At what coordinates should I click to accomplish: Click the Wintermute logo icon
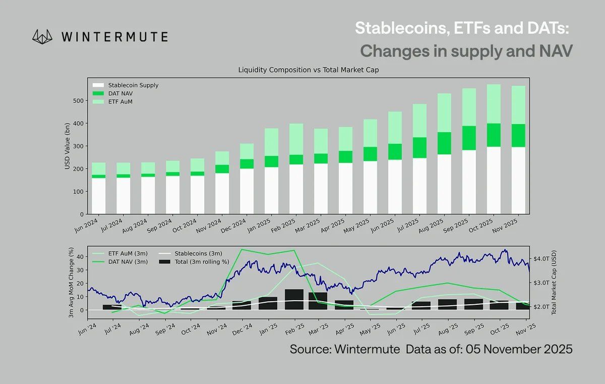click(x=42, y=36)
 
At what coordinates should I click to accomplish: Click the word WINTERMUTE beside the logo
click(x=114, y=37)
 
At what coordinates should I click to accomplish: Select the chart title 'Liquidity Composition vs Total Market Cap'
click(x=308, y=71)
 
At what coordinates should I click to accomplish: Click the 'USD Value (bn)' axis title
click(x=68, y=146)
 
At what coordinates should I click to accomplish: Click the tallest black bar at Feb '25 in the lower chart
click(x=294, y=300)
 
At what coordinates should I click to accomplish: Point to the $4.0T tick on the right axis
click(x=542, y=258)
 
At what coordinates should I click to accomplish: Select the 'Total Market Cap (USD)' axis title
click(x=554, y=283)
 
